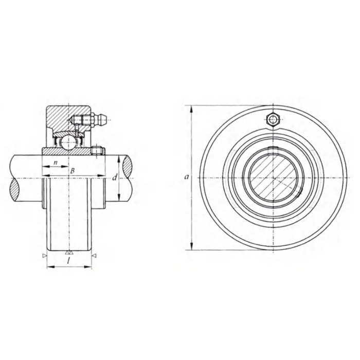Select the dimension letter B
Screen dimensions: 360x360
pos(73,171)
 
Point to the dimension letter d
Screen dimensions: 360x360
pos(115,177)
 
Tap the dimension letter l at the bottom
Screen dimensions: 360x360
pos(69,261)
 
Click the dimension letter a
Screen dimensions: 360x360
pos(187,177)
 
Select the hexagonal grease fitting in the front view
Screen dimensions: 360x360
pos(273,119)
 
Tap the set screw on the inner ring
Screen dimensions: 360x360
pos(97,151)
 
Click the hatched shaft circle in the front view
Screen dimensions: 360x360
pos(273,178)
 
